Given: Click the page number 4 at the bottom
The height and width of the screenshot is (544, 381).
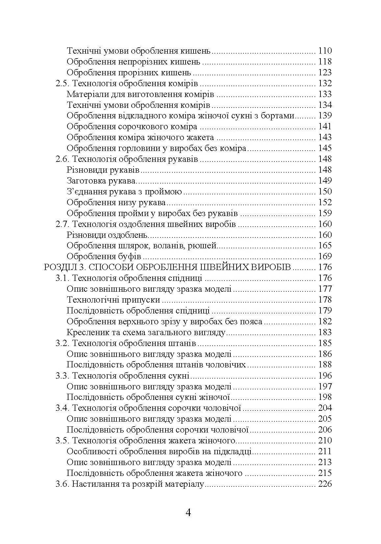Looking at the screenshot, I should [188, 512].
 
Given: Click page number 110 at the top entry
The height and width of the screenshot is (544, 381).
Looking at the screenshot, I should [325, 51].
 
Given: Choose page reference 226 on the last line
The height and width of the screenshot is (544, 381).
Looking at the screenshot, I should [325, 484].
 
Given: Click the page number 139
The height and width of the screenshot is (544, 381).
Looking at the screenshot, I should [325, 116].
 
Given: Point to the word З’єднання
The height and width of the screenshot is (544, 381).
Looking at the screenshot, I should [87, 192].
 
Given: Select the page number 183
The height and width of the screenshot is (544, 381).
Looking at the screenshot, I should [325, 333].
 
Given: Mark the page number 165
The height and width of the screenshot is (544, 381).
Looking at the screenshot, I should [325, 246].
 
